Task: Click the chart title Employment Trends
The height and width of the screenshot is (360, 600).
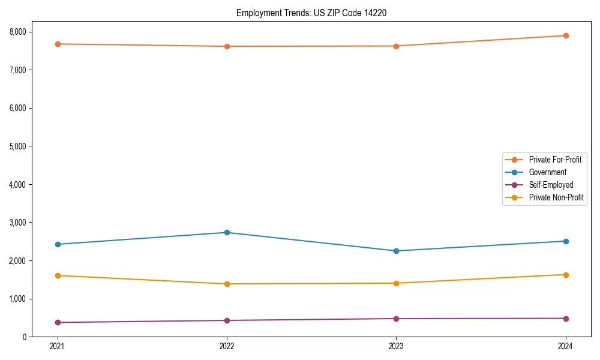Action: tap(307, 13)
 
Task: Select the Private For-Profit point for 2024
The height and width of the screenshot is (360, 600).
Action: tap(566, 35)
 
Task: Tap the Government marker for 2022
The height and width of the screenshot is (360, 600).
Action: tap(227, 232)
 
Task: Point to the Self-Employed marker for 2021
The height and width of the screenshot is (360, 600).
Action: tap(58, 322)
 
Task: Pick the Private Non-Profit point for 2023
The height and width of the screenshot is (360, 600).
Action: tap(396, 283)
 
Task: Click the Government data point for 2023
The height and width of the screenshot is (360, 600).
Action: tap(396, 251)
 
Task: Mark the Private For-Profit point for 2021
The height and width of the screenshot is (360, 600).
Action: tap(58, 44)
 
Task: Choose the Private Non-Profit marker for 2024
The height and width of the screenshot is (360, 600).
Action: tap(566, 275)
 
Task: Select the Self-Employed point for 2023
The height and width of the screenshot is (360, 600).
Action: tap(396, 319)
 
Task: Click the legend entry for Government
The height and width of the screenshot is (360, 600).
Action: tap(547, 172)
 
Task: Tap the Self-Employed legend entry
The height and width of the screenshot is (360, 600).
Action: tap(551, 185)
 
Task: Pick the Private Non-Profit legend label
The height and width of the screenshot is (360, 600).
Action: tap(556, 197)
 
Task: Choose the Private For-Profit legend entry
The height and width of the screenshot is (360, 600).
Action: tap(555, 160)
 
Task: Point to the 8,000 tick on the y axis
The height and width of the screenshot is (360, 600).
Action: tap(25, 32)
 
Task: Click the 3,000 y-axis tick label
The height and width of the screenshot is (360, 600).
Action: tap(25, 223)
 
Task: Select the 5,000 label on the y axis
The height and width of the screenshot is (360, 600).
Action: tap(25, 146)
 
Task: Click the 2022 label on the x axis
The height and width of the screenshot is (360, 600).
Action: tap(227, 346)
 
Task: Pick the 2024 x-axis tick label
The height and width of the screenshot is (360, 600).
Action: tap(566, 346)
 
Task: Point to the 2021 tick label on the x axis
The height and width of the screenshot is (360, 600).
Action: tap(58, 346)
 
